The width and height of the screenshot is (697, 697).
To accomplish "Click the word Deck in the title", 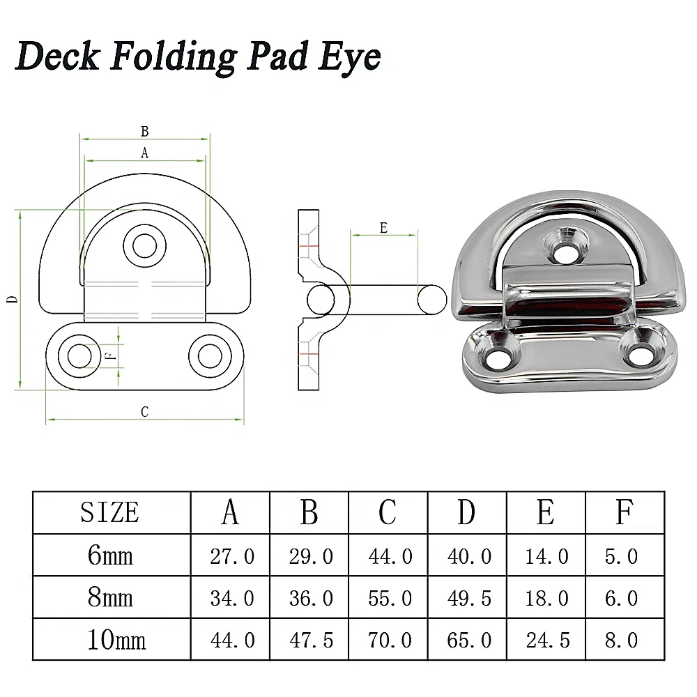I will coord(57,56).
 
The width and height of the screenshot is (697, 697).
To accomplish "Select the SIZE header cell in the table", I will coord(110,513).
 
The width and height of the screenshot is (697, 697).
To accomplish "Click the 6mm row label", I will coord(110,556).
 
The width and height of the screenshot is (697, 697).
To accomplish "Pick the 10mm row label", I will coord(110,639).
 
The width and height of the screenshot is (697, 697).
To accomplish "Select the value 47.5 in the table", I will coord(310,640).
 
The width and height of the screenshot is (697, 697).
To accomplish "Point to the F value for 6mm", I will coord(622,556).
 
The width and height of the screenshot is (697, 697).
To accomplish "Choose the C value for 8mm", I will coord(390,598).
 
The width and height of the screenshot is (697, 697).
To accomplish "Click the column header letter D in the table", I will coord(466,513).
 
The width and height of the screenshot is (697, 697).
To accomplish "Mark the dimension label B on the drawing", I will coord(145,131).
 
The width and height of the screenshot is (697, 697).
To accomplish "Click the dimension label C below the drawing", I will coord(145,412).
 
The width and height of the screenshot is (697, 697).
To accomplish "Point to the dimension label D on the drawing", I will coord(12,299).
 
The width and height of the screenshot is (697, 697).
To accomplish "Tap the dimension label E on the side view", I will coord(383,228).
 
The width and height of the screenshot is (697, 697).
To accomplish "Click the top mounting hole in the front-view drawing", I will coord(145,245).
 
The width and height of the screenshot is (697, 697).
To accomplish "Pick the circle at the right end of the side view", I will coord(431,300).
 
